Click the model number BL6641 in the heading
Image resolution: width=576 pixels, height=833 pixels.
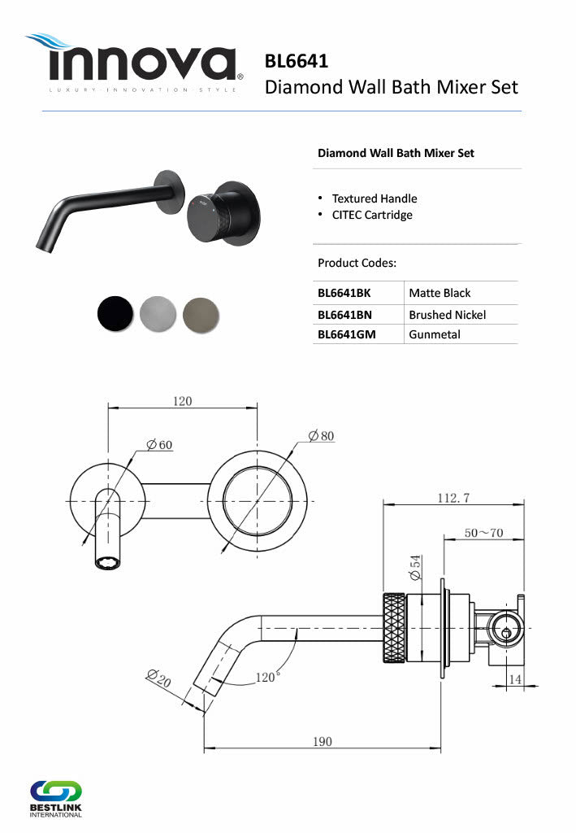point(297,61)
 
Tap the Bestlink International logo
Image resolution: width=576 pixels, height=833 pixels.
point(56,799)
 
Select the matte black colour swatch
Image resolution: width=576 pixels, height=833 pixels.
point(115,313)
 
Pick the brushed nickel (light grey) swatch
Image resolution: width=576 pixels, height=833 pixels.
point(158,314)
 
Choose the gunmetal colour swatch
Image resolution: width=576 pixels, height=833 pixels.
point(201,315)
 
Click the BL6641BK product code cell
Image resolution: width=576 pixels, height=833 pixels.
point(344,293)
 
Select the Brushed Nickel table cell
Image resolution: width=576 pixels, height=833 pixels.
point(447,315)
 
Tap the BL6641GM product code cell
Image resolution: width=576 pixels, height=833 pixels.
point(346,334)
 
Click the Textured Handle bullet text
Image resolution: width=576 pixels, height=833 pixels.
point(375,198)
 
